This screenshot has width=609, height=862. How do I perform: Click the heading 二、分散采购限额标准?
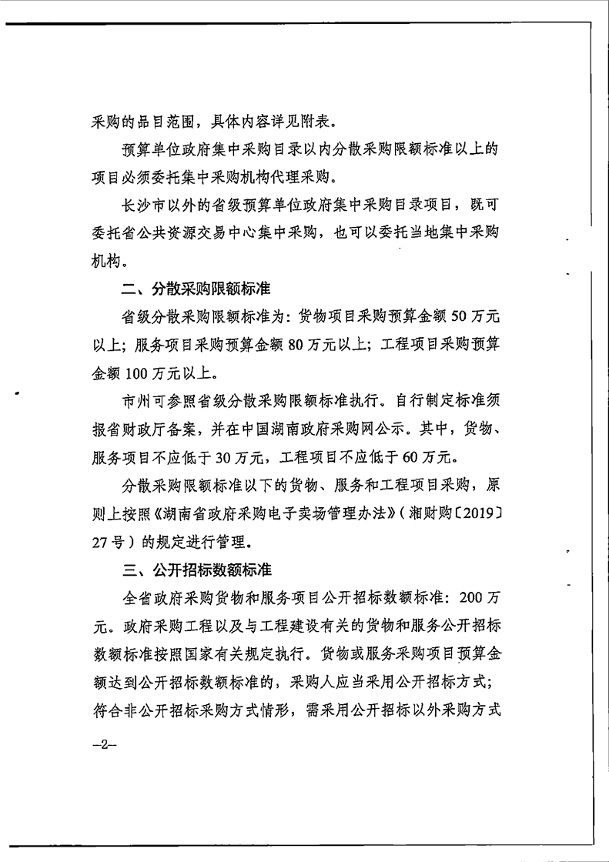(x=192, y=290)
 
